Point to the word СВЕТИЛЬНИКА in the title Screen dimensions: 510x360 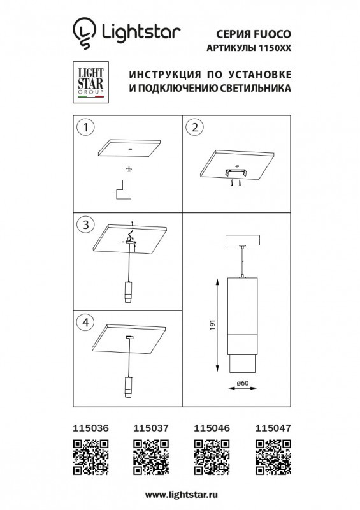tap(255, 89)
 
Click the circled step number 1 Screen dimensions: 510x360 tap(84, 127)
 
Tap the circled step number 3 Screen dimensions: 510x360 tap(84, 224)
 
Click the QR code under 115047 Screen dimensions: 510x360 tap(272, 458)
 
